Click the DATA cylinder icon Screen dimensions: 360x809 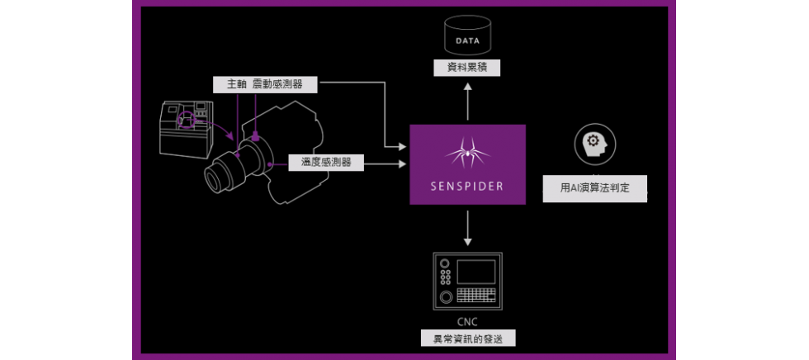pyautogui.click(x=467, y=36)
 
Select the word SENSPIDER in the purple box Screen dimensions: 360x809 pyautogui.click(x=467, y=186)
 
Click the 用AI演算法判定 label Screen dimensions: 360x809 pyautogui.click(x=594, y=188)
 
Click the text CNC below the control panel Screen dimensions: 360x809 pyautogui.click(x=467, y=321)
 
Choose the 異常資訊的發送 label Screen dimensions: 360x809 pyautogui.click(x=467, y=339)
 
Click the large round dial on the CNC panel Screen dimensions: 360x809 pyautogui.click(x=446, y=296)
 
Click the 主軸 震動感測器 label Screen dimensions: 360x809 pyautogui.click(x=263, y=84)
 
